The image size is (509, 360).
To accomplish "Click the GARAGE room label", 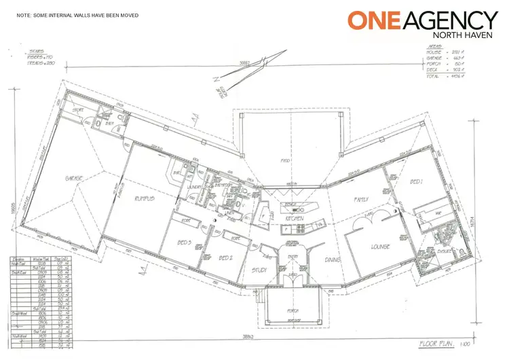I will pyautogui.click(x=74, y=179).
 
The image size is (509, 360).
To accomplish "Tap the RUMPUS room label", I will pyautogui.click(x=145, y=198).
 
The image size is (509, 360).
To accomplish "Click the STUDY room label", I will pyautogui.click(x=258, y=270).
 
